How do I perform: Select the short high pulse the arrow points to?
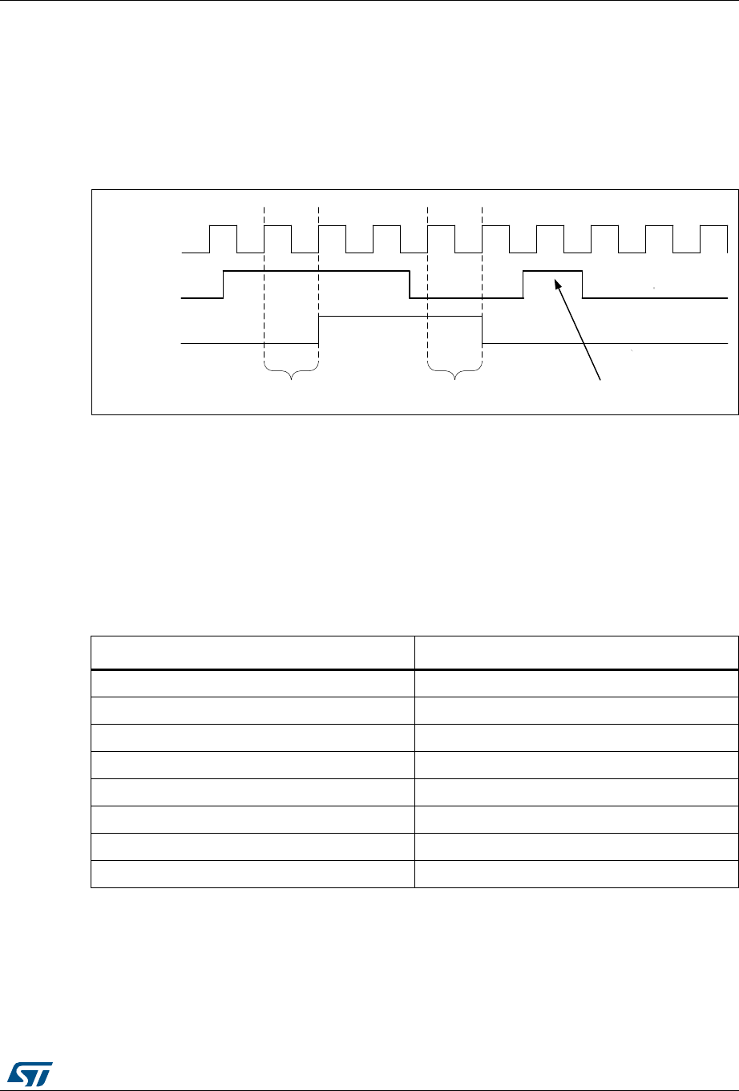coord(552,273)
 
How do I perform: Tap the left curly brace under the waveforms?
coord(292,372)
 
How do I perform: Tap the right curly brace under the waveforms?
coord(455,372)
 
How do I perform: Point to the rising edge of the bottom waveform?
coord(319,330)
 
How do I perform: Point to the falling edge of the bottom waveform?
coord(482,330)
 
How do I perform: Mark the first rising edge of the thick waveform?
coord(224,285)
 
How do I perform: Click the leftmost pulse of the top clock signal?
coord(223,228)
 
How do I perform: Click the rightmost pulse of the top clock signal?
coord(713,228)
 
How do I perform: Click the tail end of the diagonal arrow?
coord(601,379)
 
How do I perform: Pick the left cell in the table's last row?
coord(252,876)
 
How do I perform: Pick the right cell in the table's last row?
coord(576,876)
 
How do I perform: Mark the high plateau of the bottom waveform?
coord(401,317)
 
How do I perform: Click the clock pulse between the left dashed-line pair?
coord(277,228)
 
